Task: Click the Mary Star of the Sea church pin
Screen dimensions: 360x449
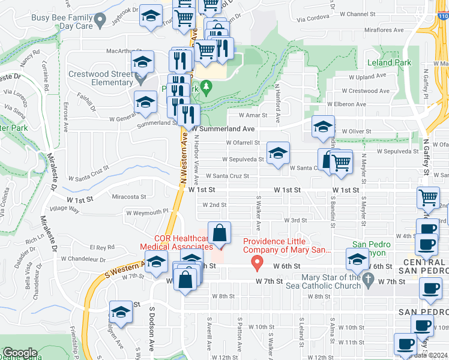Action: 369,280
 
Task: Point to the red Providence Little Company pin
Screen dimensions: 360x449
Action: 258,262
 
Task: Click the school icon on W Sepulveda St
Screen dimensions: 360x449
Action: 278,154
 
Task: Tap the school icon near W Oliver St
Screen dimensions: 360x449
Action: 323,127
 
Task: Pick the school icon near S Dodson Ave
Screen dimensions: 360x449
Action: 121,313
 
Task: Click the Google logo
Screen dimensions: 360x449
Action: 20,353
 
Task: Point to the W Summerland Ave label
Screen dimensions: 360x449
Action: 223,129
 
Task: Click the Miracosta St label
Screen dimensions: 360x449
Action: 129,196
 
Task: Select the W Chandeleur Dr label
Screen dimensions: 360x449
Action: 83,259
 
